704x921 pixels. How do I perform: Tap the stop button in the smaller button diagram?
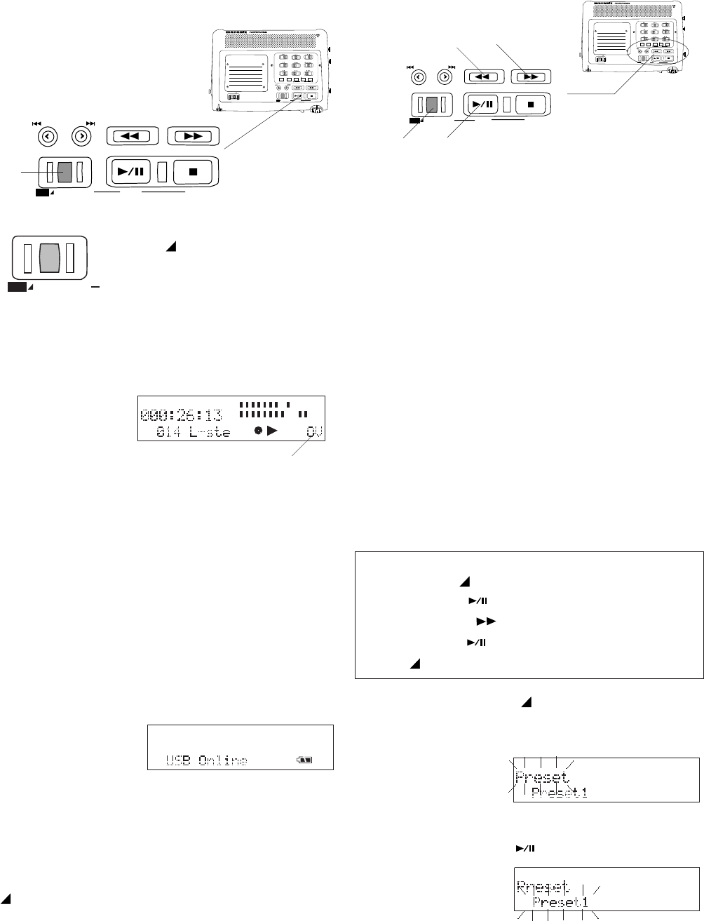click(x=532, y=105)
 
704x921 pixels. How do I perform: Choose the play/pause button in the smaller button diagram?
click(x=482, y=105)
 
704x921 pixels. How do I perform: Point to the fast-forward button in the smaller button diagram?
click(x=531, y=76)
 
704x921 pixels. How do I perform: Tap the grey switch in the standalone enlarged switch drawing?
click(x=49, y=258)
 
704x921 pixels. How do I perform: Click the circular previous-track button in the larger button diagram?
click(x=48, y=136)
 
